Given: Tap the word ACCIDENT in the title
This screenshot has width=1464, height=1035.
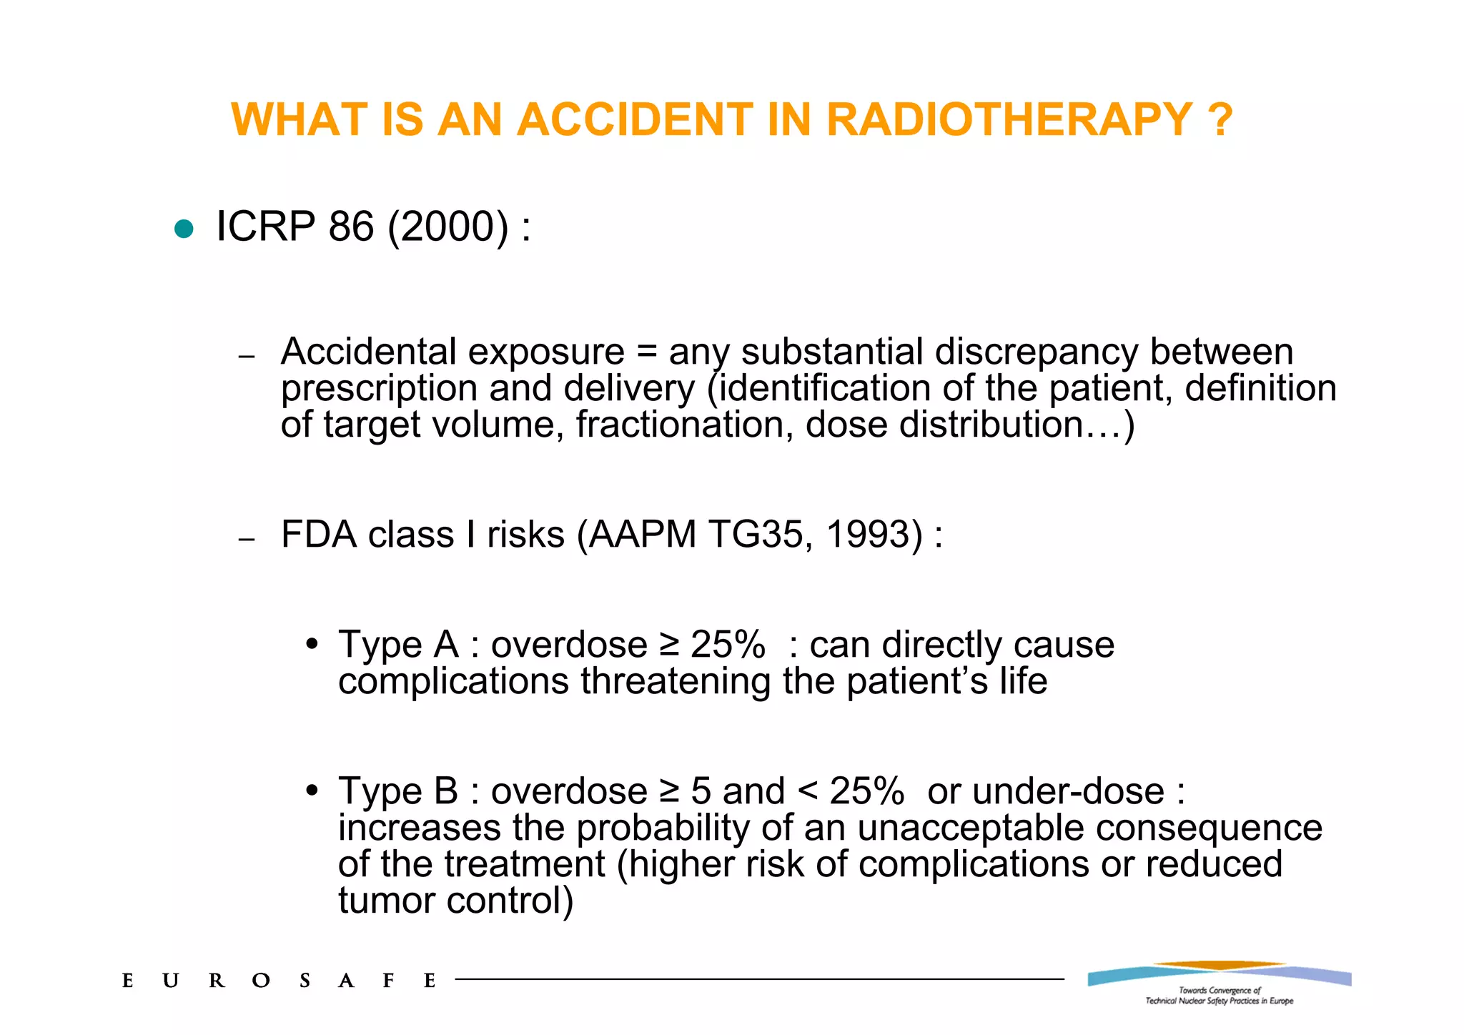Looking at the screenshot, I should point(634,119).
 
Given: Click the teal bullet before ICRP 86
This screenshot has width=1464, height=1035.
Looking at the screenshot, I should point(184,229).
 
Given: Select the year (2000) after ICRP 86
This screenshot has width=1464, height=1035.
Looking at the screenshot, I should point(448,227).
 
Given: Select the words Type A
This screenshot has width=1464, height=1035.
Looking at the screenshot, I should point(398,645).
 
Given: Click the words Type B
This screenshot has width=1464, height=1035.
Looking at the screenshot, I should point(398,791).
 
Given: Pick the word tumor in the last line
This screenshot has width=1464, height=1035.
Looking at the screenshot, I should point(387,901).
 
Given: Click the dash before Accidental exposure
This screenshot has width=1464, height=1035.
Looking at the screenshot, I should point(247,356).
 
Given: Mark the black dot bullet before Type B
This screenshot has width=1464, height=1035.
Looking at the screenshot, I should point(311,791).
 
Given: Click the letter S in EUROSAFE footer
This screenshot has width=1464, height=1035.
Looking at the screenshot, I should point(305,981).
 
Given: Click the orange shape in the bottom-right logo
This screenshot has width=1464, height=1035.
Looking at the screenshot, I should point(1219,966).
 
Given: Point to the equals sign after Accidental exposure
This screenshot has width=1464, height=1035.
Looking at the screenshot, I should point(647,352).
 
